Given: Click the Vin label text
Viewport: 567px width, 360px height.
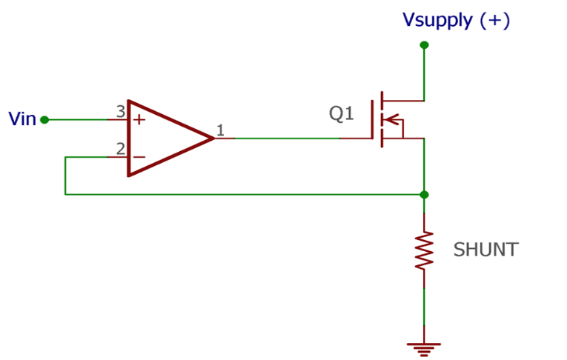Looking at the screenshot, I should click(x=21, y=119).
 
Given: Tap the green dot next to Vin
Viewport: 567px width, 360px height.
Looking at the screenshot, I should click(x=44, y=119).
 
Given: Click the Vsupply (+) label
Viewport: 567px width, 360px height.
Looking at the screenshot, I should click(x=456, y=20).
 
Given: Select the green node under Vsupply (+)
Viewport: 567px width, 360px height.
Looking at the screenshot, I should click(x=424, y=45).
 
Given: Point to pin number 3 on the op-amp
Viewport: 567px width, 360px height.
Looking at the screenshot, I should click(x=120, y=112).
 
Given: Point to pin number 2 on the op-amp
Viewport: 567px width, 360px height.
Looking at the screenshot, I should click(x=120, y=149).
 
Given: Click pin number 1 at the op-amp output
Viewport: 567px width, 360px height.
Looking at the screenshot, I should click(x=220, y=131).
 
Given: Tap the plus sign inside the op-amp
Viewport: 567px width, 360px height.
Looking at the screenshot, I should click(x=139, y=120).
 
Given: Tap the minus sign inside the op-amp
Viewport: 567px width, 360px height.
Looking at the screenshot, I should click(x=139, y=157).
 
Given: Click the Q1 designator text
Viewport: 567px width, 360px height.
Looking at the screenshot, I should click(x=342, y=114).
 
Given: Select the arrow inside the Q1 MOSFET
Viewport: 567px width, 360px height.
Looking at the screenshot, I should click(x=393, y=119).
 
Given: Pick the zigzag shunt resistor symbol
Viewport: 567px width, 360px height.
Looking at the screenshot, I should click(x=424, y=250).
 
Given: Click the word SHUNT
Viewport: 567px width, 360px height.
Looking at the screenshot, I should click(x=485, y=250).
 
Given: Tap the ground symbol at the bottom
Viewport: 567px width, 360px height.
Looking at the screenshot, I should click(x=424, y=347).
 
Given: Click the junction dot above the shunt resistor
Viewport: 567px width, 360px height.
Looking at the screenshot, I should click(x=424, y=195).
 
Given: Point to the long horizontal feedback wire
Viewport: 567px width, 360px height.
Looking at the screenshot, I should click(x=245, y=195).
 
